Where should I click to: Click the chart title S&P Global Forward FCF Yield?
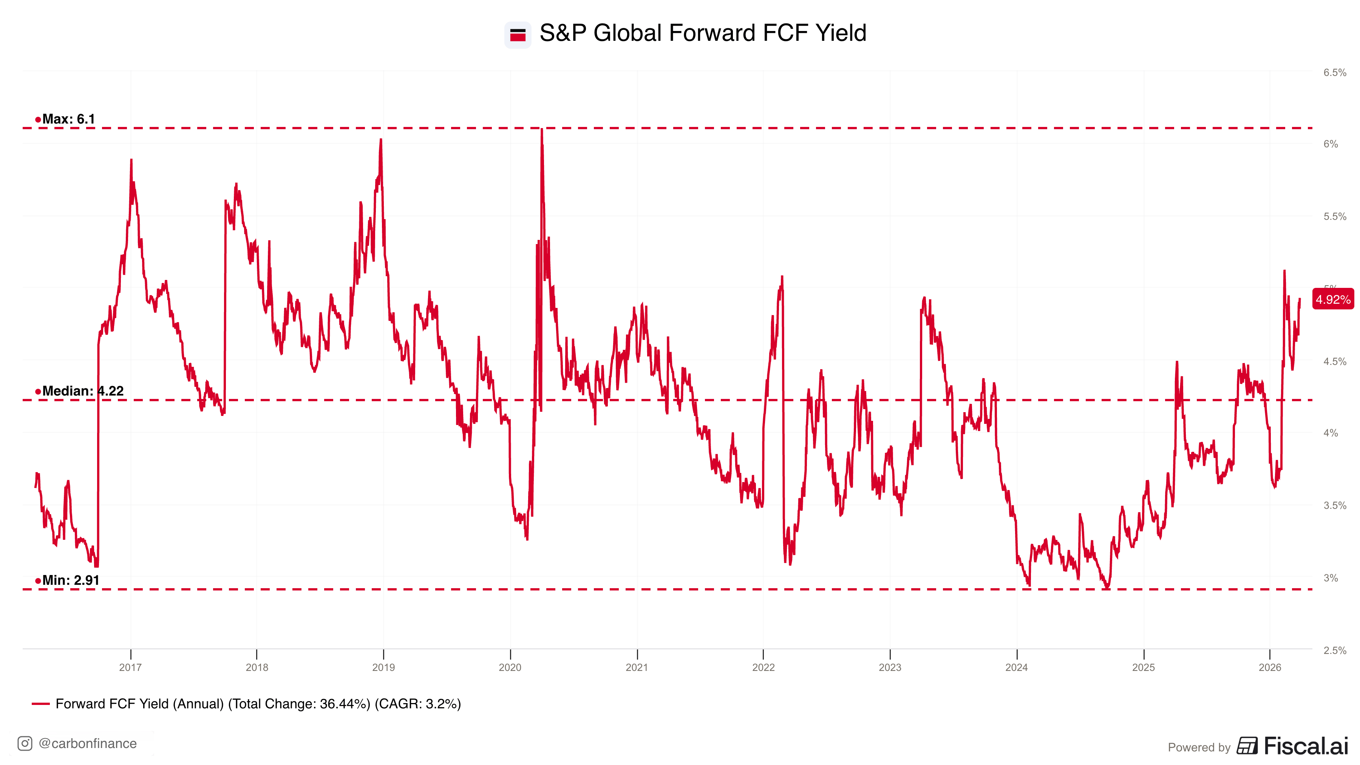coord(702,33)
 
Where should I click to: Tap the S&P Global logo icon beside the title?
coord(518,35)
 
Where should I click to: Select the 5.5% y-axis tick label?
coord(1334,217)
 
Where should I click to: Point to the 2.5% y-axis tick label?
coord(1334,651)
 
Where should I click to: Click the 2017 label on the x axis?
coord(130,667)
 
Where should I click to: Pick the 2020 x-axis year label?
coord(510,667)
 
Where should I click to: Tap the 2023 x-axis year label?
coord(890,667)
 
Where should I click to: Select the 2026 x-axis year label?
coord(1270,667)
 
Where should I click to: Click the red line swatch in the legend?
coord(41,704)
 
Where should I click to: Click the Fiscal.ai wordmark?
coord(1306,746)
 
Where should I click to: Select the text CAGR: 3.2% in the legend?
coord(417,704)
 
